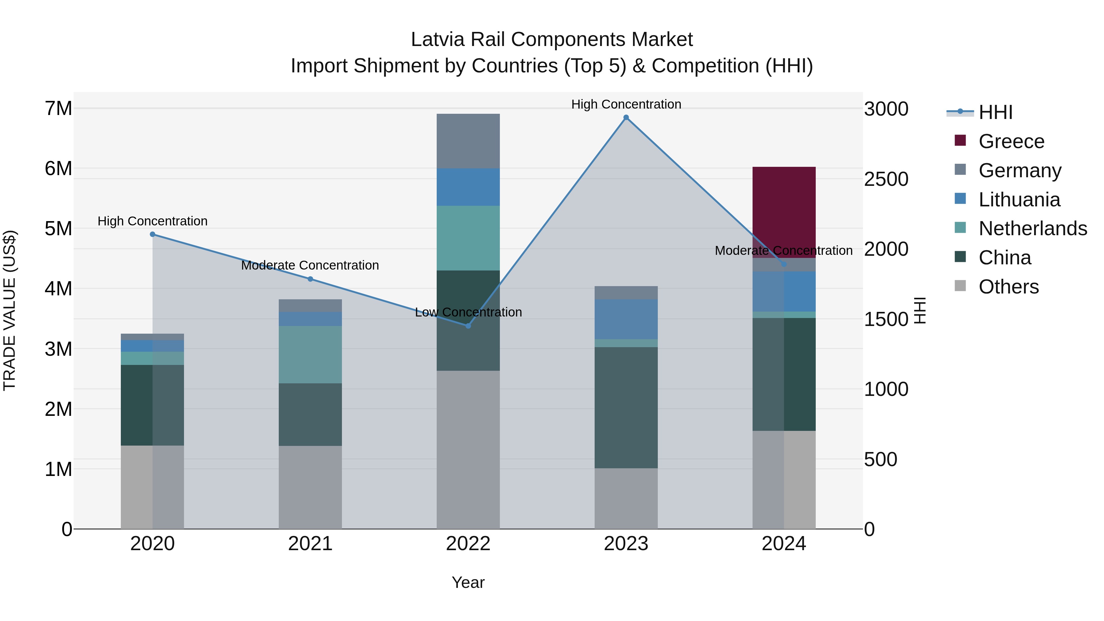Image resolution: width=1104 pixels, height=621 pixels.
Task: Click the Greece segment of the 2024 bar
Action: (784, 206)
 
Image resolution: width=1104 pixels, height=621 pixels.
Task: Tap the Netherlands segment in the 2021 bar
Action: (310, 355)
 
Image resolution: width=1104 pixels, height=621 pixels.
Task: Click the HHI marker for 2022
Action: (468, 326)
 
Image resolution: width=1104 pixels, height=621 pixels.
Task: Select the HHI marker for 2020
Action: (153, 234)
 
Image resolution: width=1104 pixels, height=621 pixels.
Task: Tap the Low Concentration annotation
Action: (468, 312)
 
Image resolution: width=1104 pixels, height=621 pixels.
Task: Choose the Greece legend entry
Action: (1011, 141)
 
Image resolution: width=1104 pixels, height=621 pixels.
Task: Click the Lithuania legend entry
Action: (1019, 200)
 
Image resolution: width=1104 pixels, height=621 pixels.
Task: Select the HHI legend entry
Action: (995, 112)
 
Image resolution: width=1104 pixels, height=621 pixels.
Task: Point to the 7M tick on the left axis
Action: (58, 109)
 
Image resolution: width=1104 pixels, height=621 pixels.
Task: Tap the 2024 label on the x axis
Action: (784, 544)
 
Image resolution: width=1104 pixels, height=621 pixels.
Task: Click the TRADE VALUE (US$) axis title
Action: (10, 310)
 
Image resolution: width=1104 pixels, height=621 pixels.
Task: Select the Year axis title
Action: (468, 582)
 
